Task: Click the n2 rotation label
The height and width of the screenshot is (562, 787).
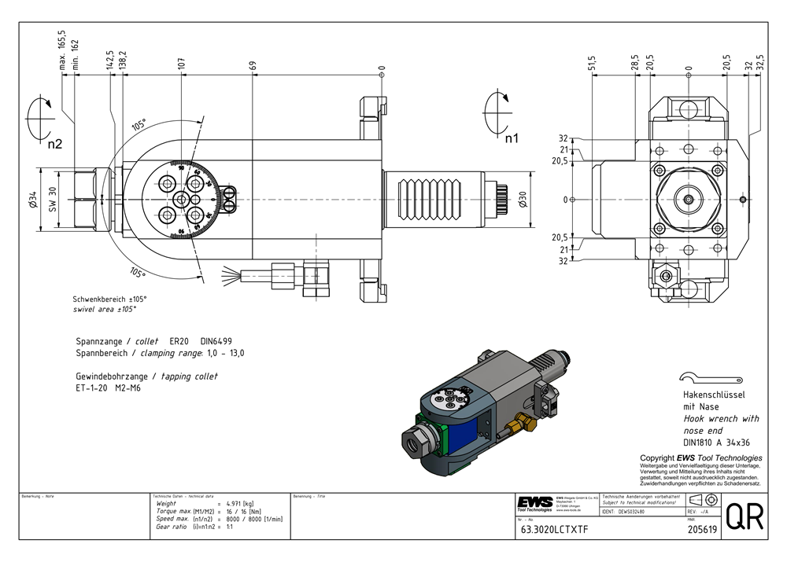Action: tap(54, 145)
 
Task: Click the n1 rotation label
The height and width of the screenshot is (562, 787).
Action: tap(512, 139)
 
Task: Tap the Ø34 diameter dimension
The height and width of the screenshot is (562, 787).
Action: tap(32, 200)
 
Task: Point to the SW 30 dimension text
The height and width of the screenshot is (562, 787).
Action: tap(53, 200)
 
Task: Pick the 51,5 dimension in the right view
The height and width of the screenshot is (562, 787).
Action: tap(592, 64)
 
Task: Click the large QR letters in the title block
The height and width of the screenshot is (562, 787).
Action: tap(744, 519)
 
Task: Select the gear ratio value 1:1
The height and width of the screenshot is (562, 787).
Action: tap(230, 527)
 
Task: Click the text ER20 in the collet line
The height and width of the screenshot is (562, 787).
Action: tap(180, 342)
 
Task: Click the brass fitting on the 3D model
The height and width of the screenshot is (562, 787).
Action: tap(514, 426)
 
